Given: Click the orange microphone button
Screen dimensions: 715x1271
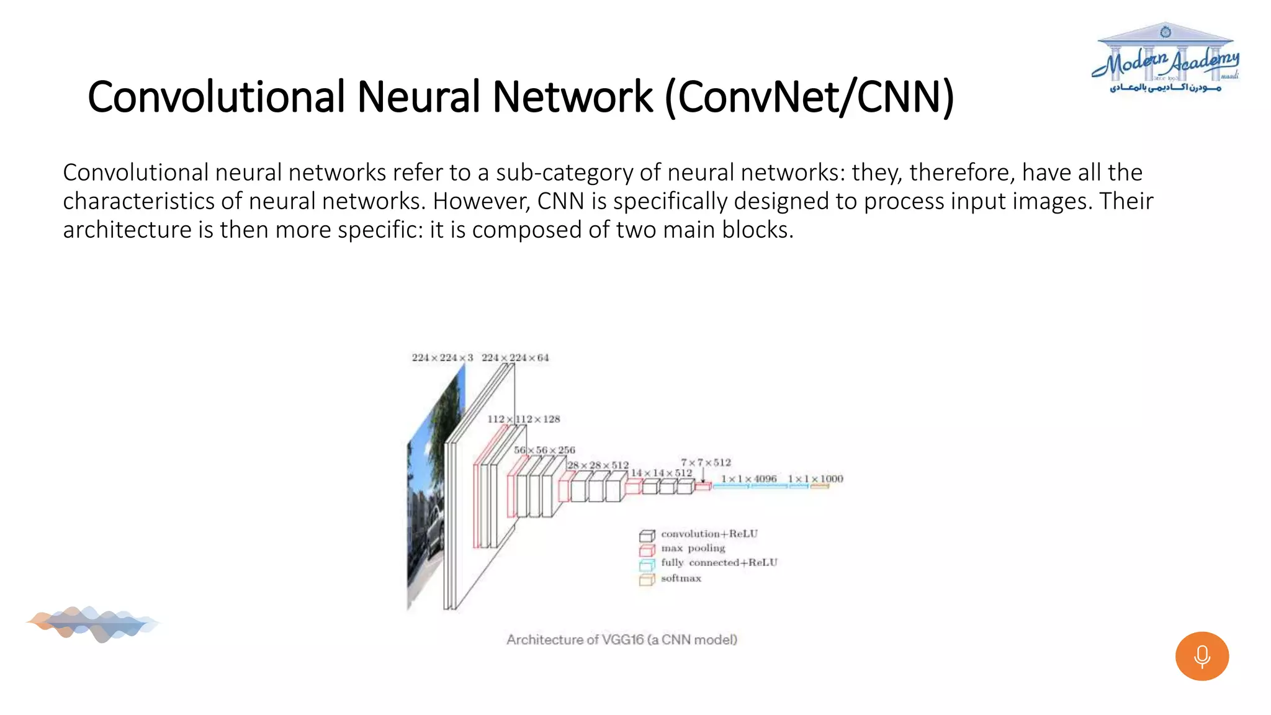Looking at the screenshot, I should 1201,656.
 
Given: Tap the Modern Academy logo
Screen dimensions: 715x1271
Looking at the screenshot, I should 1165,60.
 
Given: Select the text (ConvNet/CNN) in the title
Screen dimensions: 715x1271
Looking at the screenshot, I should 809,97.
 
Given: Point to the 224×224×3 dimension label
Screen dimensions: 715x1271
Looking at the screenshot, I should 442,357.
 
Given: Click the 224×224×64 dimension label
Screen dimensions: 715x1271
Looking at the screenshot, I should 515,357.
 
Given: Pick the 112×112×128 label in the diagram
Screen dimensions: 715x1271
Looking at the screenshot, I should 523,419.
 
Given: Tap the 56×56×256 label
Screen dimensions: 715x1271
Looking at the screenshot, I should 544,450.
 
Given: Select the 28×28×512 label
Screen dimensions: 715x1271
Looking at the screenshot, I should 598,465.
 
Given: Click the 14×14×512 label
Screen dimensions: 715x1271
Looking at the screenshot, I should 661,473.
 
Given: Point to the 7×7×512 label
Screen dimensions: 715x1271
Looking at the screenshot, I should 706,462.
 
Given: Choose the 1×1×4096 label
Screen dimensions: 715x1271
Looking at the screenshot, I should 748,479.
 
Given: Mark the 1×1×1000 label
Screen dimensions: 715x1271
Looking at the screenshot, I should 815,479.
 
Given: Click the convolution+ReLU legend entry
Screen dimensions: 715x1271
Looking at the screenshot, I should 709,534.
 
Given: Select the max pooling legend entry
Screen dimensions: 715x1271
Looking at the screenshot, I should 693,548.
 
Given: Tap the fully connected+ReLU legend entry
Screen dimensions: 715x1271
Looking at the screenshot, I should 719,562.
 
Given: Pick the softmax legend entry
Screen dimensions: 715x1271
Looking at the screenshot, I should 681,578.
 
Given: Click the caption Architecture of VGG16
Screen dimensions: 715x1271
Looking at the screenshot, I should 621,639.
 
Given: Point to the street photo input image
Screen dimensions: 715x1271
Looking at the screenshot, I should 428,497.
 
